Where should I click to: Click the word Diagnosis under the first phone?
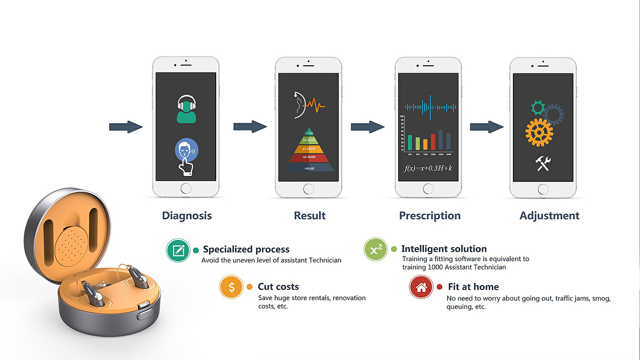[187, 216]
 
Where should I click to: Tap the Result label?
[309, 216]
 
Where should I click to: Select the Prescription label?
[430, 216]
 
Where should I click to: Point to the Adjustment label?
[549, 216]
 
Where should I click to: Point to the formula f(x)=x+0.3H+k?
[428, 168]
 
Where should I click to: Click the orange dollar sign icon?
[232, 287]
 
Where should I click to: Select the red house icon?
[421, 287]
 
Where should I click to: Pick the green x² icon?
[376, 249]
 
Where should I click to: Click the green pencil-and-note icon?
[178, 250]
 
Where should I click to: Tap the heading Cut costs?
[278, 287]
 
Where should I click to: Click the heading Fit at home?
[473, 287]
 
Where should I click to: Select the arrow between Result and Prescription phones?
[368, 127]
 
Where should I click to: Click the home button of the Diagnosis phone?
[186, 188]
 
